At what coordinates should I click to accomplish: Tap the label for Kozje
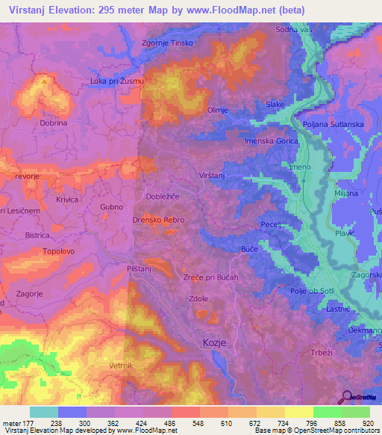[214, 342]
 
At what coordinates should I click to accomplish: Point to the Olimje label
[217, 109]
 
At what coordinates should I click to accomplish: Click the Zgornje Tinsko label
[167, 43]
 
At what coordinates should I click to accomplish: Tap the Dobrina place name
[54, 123]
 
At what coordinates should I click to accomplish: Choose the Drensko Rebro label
[159, 220]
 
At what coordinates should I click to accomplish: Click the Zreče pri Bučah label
[210, 277]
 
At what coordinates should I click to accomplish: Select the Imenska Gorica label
[266, 141]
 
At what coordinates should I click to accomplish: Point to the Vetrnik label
[99, 365]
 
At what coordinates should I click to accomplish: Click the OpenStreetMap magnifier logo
[346, 397]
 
